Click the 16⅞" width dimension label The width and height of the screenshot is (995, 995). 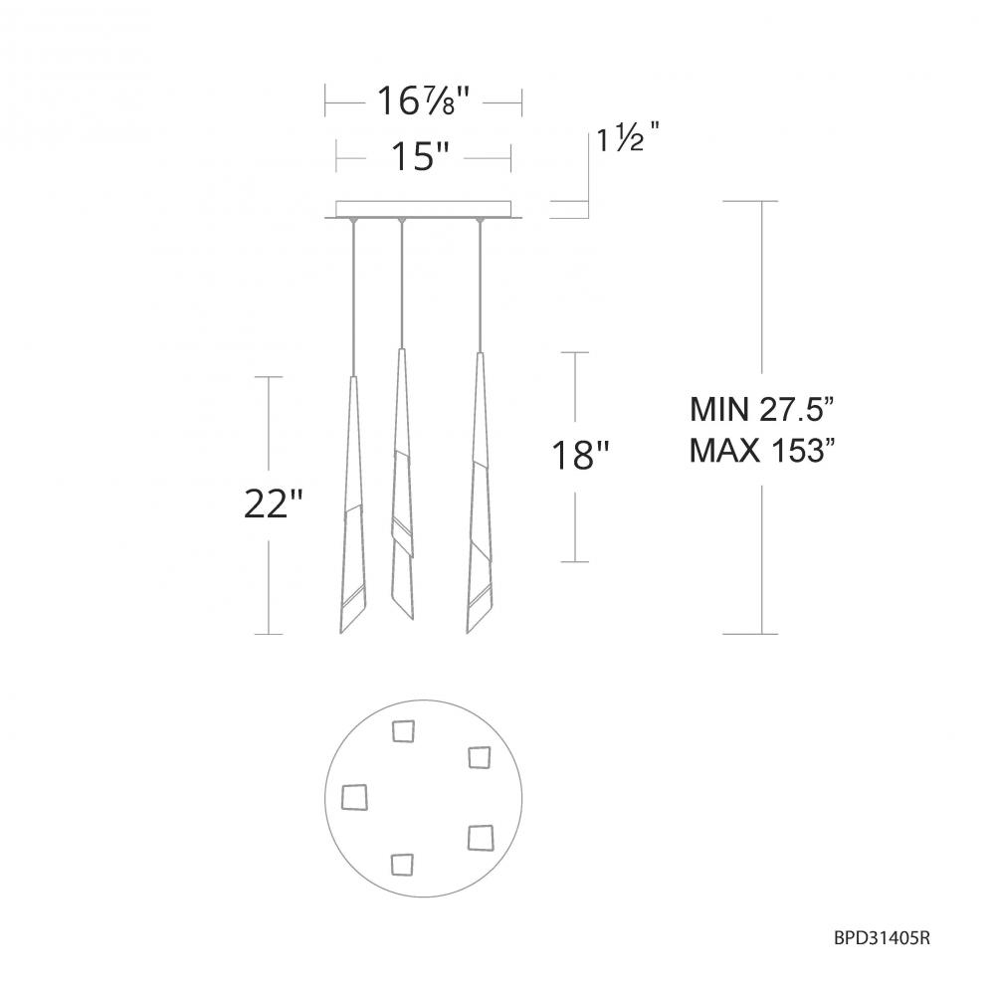424,100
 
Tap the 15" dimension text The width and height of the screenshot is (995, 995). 421,156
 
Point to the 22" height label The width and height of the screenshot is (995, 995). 274,503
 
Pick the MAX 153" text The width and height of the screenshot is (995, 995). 761,451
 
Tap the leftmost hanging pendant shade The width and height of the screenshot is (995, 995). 353,504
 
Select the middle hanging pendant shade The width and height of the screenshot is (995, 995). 402,485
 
